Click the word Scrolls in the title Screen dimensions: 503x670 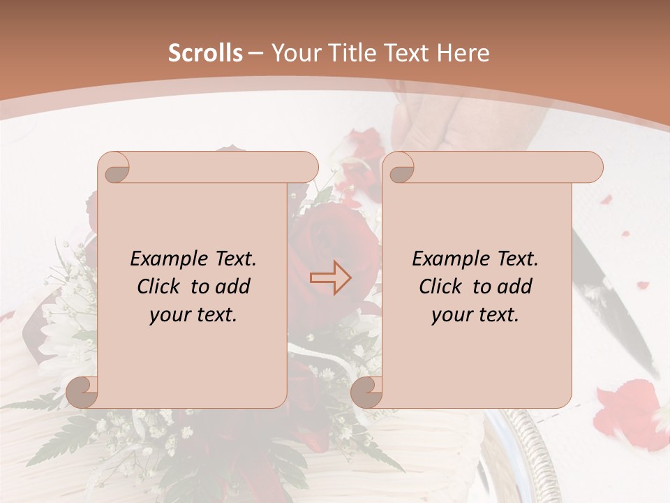[205, 53]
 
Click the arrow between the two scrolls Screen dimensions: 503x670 [331, 278]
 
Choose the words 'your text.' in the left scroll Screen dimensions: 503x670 [193, 315]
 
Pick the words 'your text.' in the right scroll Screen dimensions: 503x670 [475, 315]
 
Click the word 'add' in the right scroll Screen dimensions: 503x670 [516, 286]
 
